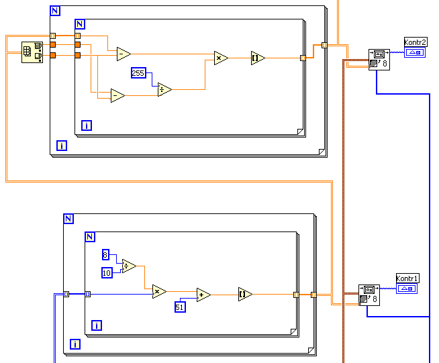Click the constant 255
[x=138, y=73]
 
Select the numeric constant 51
[x=180, y=307]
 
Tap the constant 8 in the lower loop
[x=105, y=254]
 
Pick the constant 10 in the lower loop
[x=107, y=272]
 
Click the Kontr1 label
[x=407, y=278]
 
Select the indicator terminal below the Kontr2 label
[x=415, y=52]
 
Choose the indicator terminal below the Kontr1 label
[x=407, y=289]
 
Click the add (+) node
[x=203, y=294]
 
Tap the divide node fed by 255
[x=164, y=89]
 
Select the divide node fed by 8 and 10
[x=129, y=266]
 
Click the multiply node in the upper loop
[x=221, y=58]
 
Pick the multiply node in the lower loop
[x=159, y=291]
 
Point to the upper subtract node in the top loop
[x=124, y=54]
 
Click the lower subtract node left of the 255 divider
[x=117, y=96]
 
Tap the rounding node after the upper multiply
[x=258, y=58]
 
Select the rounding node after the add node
[x=245, y=294]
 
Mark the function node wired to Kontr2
[x=379, y=59]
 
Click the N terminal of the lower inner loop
[x=90, y=236]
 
